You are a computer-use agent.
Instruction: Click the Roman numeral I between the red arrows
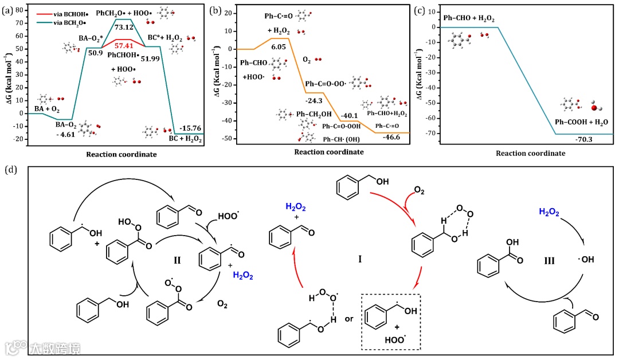pos(359,260)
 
